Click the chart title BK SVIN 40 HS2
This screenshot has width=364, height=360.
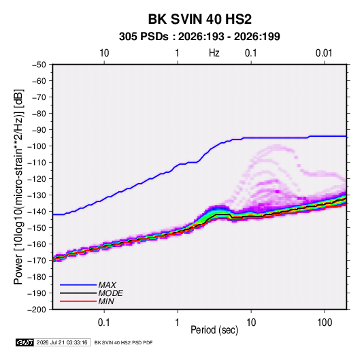pos(199,19)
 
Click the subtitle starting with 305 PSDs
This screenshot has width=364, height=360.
pos(199,37)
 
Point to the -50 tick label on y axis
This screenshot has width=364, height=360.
pos(39,65)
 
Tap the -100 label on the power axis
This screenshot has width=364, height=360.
pos(37,146)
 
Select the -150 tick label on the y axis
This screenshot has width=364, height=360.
pos(37,228)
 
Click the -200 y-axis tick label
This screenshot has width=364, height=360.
pos(37,310)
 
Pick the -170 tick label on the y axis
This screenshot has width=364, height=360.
pos(37,261)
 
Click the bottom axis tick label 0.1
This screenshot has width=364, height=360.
pos(104,323)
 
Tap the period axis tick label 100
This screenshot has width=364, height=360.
pos(325,323)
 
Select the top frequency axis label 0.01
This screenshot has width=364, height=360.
pos(324,53)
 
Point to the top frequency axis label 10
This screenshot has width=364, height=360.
pos(104,53)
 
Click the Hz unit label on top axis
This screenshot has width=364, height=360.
pos(214,53)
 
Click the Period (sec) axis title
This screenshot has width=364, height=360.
pos(214,330)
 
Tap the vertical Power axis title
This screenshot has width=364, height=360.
pos(18,187)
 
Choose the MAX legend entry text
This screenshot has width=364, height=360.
pos(107,285)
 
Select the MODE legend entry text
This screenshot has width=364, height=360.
pos(110,293)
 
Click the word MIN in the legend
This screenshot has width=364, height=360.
pos(106,301)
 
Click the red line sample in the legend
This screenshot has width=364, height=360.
pos(78,301)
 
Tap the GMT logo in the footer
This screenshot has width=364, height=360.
pos(24,342)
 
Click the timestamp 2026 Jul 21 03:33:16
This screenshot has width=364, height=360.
pos(62,342)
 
